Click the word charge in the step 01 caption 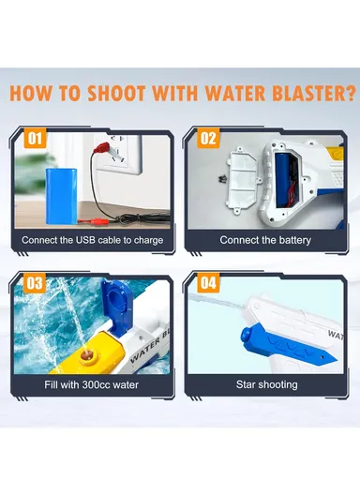(145, 240)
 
